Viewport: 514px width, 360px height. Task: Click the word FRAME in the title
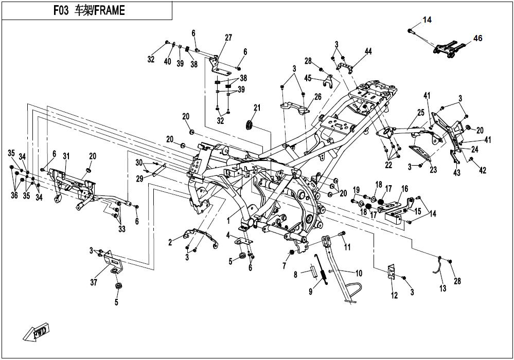110,11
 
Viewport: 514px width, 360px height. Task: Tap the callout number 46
478,39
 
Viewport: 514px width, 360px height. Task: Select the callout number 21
257,107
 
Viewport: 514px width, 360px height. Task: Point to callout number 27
228,38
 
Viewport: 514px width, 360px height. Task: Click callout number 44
368,51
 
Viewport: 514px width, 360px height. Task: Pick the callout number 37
94,282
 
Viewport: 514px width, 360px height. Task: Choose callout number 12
394,296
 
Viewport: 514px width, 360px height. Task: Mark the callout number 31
66,156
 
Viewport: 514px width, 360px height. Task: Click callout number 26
317,97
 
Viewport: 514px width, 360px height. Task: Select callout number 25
421,113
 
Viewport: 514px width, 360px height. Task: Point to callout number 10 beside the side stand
359,273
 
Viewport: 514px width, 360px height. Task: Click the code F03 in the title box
61,11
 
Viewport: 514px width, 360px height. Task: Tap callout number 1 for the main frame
228,221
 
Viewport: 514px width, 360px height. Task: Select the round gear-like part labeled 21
250,125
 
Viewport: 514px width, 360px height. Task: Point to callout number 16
404,189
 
